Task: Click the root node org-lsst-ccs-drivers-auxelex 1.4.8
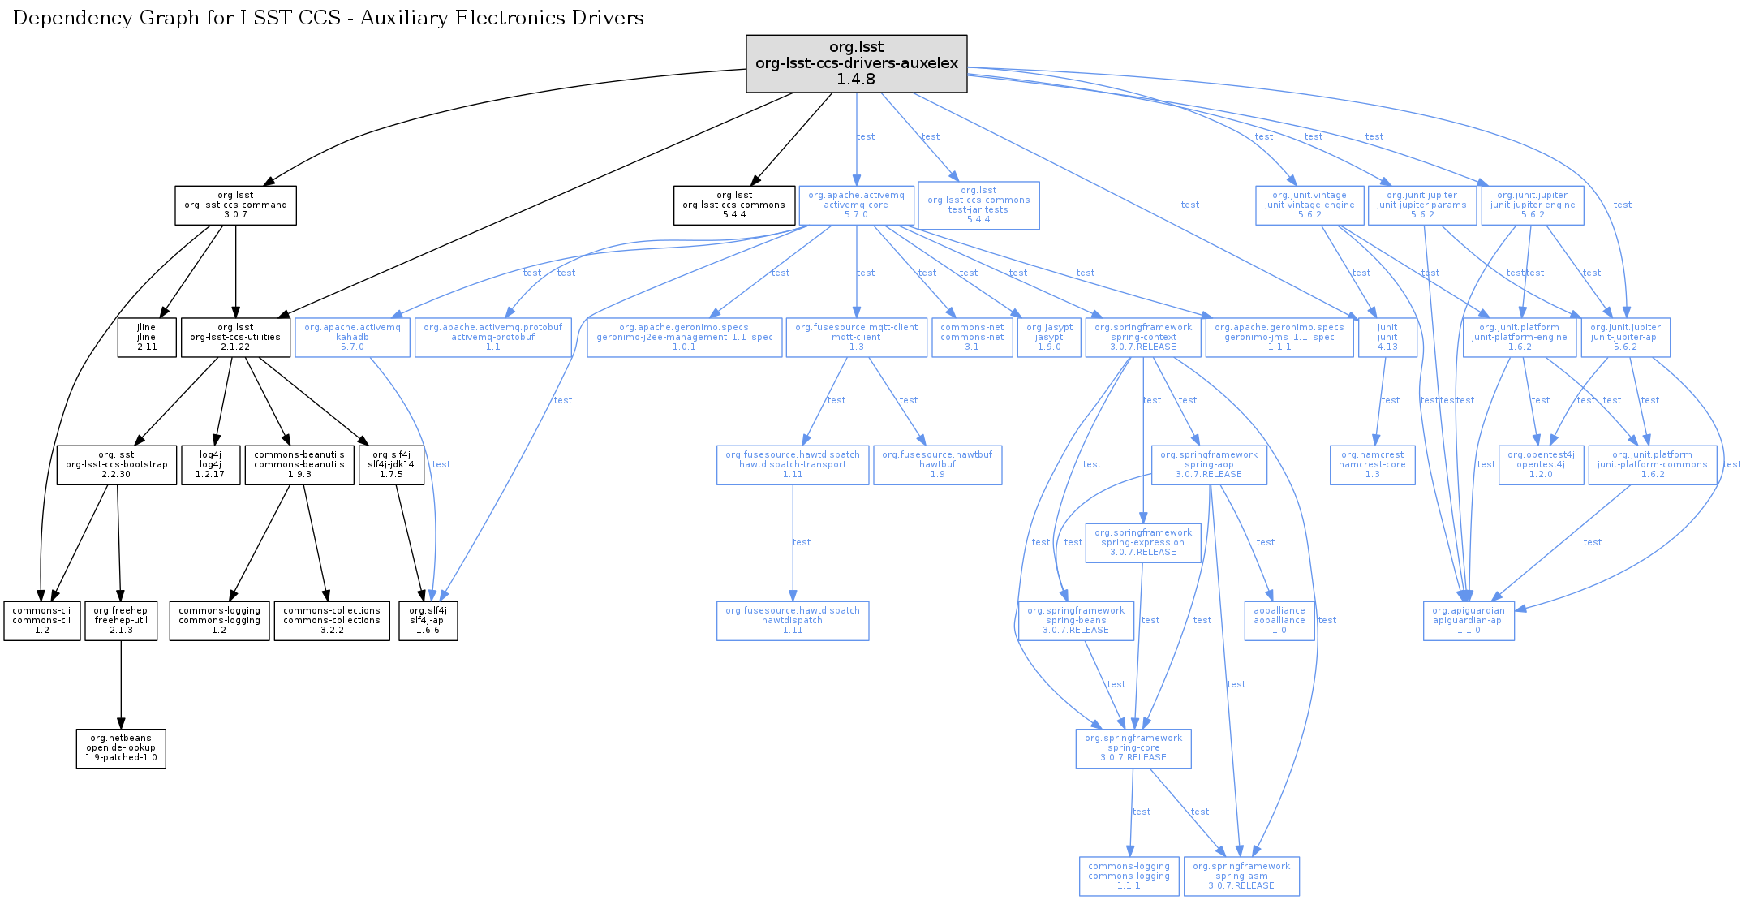point(856,63)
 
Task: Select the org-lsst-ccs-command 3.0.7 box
point(235,205)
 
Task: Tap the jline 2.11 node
point(146,338)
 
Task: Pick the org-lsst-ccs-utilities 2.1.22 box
point(235,338)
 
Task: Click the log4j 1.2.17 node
point(210,465)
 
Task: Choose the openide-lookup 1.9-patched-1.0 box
point(121,748)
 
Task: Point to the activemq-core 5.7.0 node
point(856,205)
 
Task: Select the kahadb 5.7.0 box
point(352,338)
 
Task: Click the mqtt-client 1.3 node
point(856,338)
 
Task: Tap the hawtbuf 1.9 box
point(937,465)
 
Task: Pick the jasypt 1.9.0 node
point(1048,338)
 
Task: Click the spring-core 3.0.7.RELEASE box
point(1133,748)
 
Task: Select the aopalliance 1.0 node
point(1279,621)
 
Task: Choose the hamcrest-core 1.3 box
point(1372,465)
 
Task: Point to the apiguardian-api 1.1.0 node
point(1468,621)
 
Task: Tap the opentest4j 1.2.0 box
point(1540,465)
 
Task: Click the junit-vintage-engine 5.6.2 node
point(1309,205)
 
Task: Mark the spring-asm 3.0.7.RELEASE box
point(1241,876)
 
